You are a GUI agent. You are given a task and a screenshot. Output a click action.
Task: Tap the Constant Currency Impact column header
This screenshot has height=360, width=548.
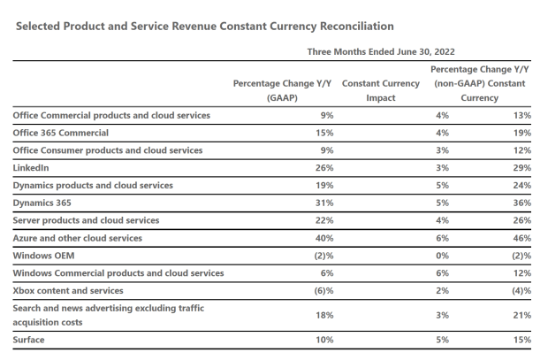(x=380, y=90)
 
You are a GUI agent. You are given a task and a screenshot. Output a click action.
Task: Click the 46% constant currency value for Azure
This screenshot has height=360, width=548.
(x=521, y=237)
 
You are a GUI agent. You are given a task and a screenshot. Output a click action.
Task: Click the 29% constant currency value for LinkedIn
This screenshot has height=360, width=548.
(x=521, y=167)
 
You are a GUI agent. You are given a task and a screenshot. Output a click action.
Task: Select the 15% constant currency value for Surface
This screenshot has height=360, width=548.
(x=521, y=339)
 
